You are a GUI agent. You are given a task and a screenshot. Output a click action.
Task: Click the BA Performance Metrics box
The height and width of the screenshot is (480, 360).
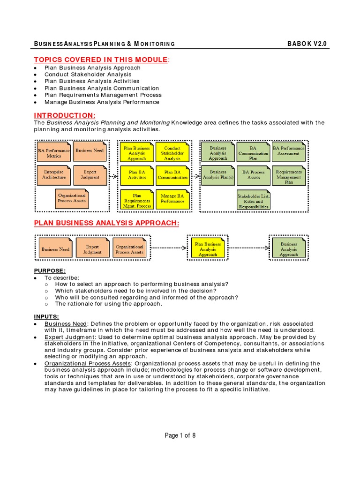pos(54,153)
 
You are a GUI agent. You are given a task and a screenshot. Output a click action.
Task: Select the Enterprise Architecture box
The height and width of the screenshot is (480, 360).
pos(54,174)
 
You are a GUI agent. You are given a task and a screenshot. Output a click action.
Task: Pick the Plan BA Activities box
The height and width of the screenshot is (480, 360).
pos(137,174)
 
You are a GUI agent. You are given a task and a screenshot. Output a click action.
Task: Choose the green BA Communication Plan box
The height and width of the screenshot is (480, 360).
pos(253,153)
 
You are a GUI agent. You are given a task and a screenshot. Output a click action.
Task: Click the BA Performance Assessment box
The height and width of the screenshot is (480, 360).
pos(289,150)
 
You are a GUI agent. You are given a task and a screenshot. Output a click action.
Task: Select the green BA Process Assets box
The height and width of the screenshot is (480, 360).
pos(253,174)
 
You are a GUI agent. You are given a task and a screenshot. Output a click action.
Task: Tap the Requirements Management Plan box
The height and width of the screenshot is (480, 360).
pos(289,177)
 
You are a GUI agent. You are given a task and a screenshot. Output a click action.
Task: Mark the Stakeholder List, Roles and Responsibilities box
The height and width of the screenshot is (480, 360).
pos(253,201)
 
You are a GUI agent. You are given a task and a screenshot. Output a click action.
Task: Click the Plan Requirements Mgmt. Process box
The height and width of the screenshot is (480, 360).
pos(137,201)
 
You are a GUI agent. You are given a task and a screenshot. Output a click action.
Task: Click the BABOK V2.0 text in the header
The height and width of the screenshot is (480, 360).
pos(307,44)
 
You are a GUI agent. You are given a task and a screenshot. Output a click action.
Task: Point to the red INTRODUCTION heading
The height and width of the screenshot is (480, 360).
pos(65,115)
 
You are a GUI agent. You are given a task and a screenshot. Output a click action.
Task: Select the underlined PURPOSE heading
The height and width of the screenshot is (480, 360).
pos(50,270)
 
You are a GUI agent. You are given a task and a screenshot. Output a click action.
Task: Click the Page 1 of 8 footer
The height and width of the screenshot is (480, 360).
pos(180,435)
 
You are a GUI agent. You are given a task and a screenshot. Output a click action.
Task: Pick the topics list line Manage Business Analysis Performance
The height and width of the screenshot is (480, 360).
pos(102,102)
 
